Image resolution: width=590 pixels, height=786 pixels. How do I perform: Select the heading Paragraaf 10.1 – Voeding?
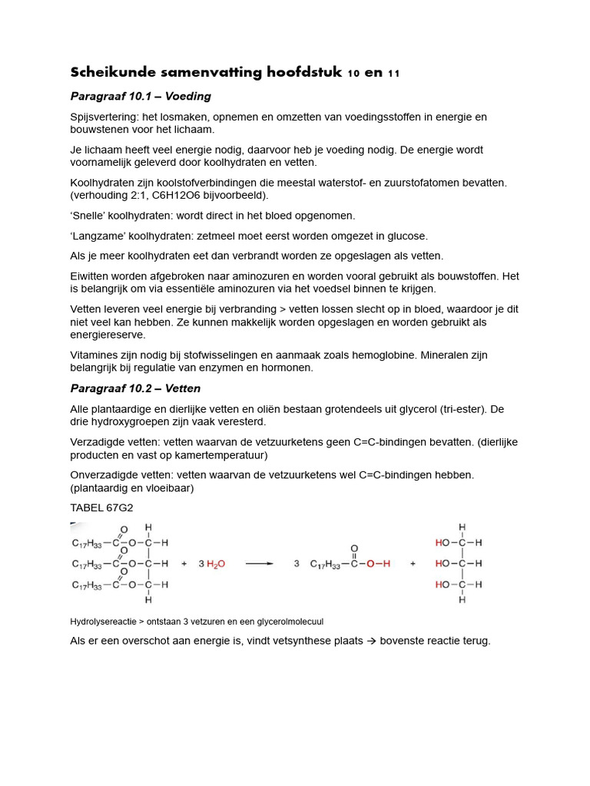click(x=141, y=97)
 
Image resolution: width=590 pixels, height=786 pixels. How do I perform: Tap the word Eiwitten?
click(x=91, y=276)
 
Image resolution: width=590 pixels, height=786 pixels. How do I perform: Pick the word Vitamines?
click(x=94, y=355)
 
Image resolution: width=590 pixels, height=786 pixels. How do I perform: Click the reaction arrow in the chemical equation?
click(x=259, y=563)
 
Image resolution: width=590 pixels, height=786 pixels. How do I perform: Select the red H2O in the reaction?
click(x=214, y=564)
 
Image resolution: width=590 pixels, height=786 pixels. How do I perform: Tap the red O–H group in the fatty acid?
click(x=378, y=564)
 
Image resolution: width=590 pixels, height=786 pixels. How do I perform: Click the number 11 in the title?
click(x=393, y=74)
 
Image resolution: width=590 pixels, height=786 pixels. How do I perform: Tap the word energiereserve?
click(x=108, y=335)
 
